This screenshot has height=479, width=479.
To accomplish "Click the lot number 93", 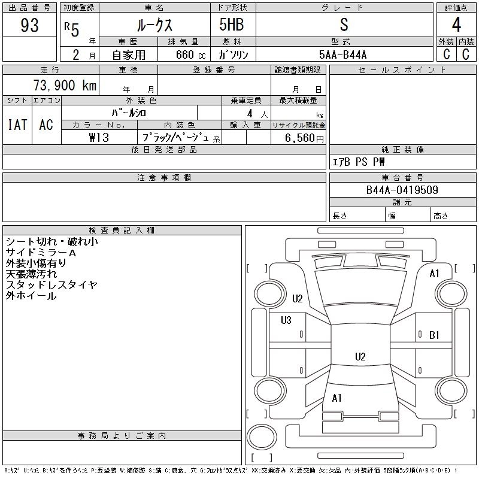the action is pyautogui.click(x=29, y=26).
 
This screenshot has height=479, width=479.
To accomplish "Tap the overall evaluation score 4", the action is pyautogui.click(x=456, y=26).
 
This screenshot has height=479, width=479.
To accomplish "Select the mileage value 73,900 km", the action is pyautogui.click(x=65, y=86).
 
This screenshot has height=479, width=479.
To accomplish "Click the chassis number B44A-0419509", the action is pyautogui.click(x=402, y=191).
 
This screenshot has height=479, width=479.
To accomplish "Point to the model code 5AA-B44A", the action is pyautogui.click(x=344, y=54).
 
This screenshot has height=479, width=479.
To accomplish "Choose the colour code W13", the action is pyautogui.click(x=98, y=138).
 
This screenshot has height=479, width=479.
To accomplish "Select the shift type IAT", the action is pyautogui.click(x=17, y=125).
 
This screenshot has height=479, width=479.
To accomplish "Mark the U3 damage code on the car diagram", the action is pyautogui.click(x=286, y=320).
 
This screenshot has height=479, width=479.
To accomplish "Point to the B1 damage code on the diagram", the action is pyautogui.click(x=435, y=335).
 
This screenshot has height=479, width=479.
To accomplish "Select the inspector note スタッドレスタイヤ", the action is pyautogui.click(x=51, y=285).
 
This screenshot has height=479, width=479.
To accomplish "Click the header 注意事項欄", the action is pyautogui.click(x=164, y=178).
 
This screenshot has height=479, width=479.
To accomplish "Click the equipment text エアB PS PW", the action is pyautogui.click(x=359, y=162).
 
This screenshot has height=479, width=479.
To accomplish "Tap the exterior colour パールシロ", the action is pyautogui.click(x=129, y=113).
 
